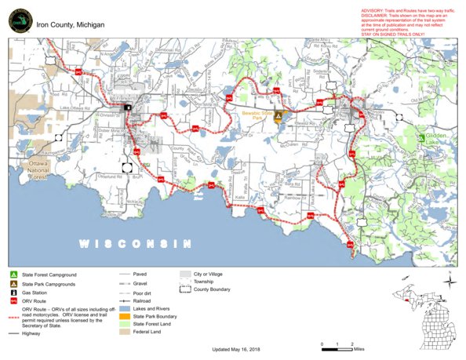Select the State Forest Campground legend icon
tap(14, 274)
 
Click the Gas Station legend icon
tap(14, 292)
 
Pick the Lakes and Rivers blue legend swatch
tap(124, 308)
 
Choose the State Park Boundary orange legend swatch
tap(124, 316)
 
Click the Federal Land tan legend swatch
tap(124, 333)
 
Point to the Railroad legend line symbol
tap(124, 300)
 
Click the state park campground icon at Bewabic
tap(277, 115)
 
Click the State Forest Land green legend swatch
tap(124, 325)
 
